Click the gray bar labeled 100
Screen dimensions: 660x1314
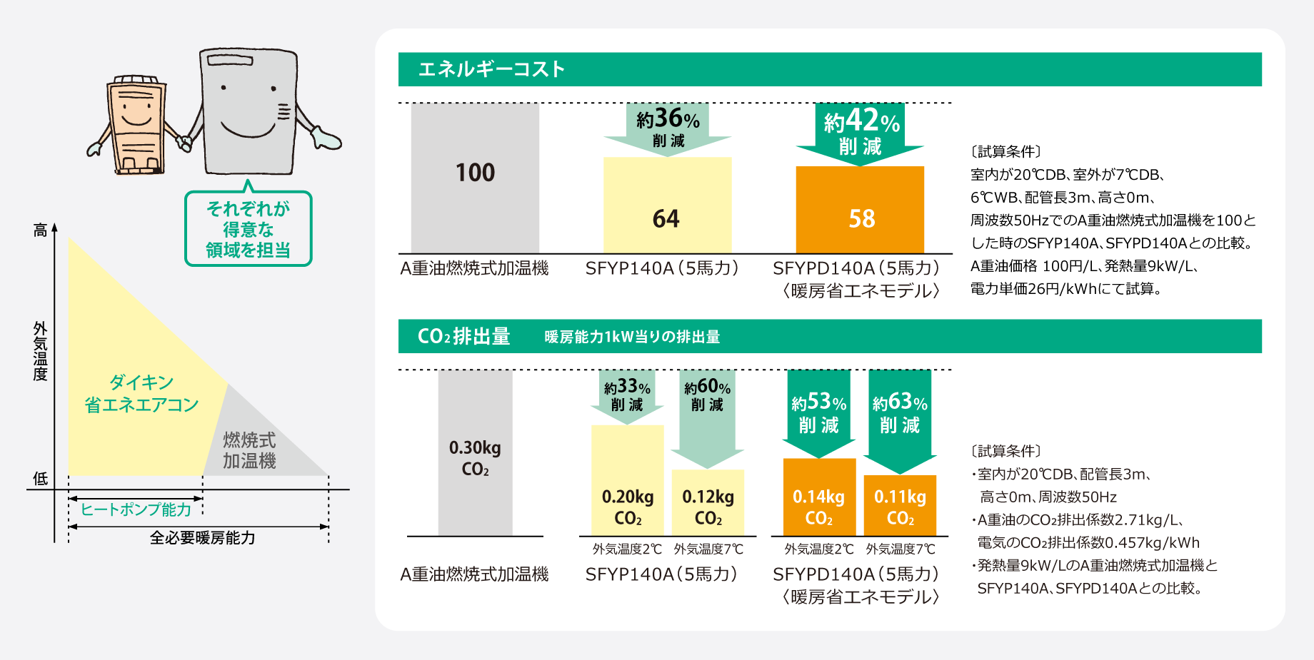pyautogui.click(x=475, y=178)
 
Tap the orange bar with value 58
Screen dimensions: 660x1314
pyautogui.click(x=860, y=210)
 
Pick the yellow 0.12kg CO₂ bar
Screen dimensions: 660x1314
pyautogui.click(x=708, y=503)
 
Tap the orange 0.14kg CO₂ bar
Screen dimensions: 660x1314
pyautogui.click(x=819, y=497)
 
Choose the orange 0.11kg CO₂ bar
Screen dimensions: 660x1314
pyautogui.click(x=900, y=506)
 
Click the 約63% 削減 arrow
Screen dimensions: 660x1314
pyautogui.click(x=900, y=417)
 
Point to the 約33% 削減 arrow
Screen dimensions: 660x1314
pyautogui.click(x=627, y=396)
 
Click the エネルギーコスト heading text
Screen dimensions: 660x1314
pyautogui.click(x=491, y=69)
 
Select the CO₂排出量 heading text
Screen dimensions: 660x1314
pyautogui.click(x=463, y=336)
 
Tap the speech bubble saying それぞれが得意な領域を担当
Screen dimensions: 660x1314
pyautogui.click(x=249, y=229)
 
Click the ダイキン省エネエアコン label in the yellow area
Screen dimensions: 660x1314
pyautogui.click(x=141, y=394)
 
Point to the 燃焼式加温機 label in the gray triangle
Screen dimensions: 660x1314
pyautogui.click(x=249, y=450)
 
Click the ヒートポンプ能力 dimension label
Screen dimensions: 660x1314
pyautogui.click(x=136, y=509)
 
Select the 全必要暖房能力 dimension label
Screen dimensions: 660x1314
pyautogui.click(x=202, y=538)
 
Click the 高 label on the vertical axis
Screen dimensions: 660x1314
pyautogui.click(x=41, y=230)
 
